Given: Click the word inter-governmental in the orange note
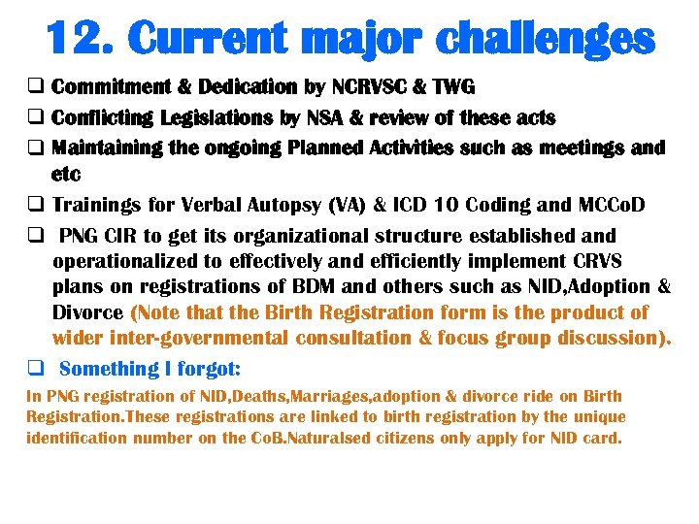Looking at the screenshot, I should [x=196, y=338].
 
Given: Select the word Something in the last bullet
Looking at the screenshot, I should [x=107, y=368].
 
